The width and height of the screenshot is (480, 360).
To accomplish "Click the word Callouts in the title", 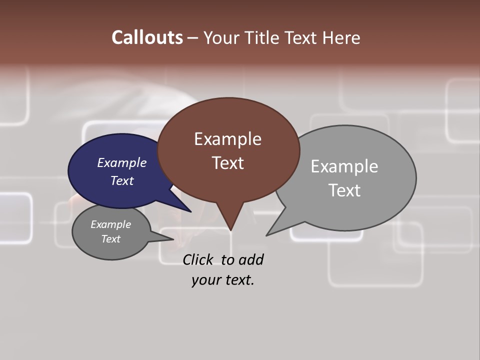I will pos(147,37).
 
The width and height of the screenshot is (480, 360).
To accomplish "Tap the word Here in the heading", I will pos(342,38).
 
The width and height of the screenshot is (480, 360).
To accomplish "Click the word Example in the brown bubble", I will pos(227,139).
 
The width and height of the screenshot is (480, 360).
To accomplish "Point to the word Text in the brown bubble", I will pos(227,162).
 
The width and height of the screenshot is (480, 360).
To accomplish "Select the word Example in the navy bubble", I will pos(121,162).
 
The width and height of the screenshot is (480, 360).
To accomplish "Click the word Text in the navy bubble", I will pos(121,180).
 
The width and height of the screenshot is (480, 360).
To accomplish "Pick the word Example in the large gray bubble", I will pos(344,166).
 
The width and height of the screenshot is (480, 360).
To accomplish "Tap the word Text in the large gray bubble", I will pos(344,190).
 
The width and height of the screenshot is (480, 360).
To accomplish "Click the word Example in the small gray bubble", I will pos(110,224).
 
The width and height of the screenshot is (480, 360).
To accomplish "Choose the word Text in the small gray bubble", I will pos(110,239).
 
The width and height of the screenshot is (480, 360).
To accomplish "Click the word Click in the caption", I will pos(197,259).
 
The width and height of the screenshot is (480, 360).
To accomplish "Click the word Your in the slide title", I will pos(220,38).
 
